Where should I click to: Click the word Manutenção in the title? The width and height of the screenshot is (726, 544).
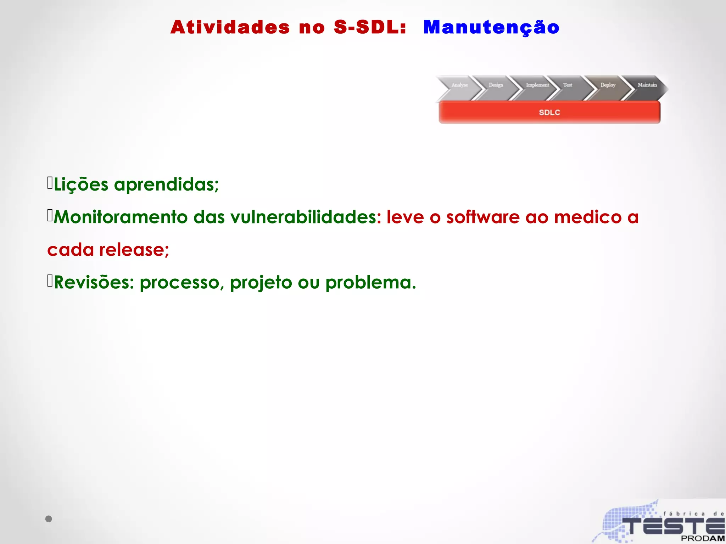tap(491, 28)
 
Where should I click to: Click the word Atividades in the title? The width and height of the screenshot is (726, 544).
tap(230, 27)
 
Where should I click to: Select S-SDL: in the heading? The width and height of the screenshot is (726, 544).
tap(370, 27)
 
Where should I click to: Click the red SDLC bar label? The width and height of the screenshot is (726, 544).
tap(549, 113)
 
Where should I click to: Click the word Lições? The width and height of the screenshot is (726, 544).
tap(81, 185)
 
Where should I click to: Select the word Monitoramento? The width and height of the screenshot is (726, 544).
tap(121, 217)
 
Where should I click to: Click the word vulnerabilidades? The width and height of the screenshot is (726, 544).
tap(306, 217)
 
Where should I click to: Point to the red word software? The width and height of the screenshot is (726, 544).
tap(483, 217)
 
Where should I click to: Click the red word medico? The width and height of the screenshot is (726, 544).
tap(588, 217)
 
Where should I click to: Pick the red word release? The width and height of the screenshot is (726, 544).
tap(134, 250)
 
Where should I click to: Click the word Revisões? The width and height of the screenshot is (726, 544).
tap(94, 283)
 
